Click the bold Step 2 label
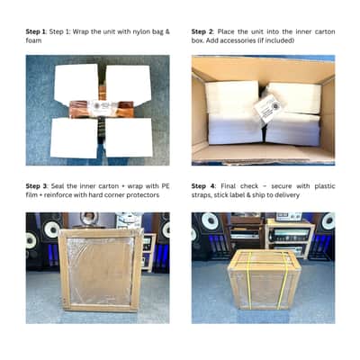202,31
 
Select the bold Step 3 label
37,186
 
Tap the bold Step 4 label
203,186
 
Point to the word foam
33,40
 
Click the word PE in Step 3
166,186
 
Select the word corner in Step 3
114,195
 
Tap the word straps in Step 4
201,195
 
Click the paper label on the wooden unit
102,108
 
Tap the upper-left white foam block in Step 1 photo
76,83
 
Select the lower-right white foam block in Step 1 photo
129,138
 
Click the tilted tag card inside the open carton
268,109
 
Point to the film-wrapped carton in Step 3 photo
101,270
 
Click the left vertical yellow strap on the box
248,281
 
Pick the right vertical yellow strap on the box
283,281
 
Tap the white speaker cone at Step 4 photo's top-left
210,221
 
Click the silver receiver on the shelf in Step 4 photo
290,235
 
